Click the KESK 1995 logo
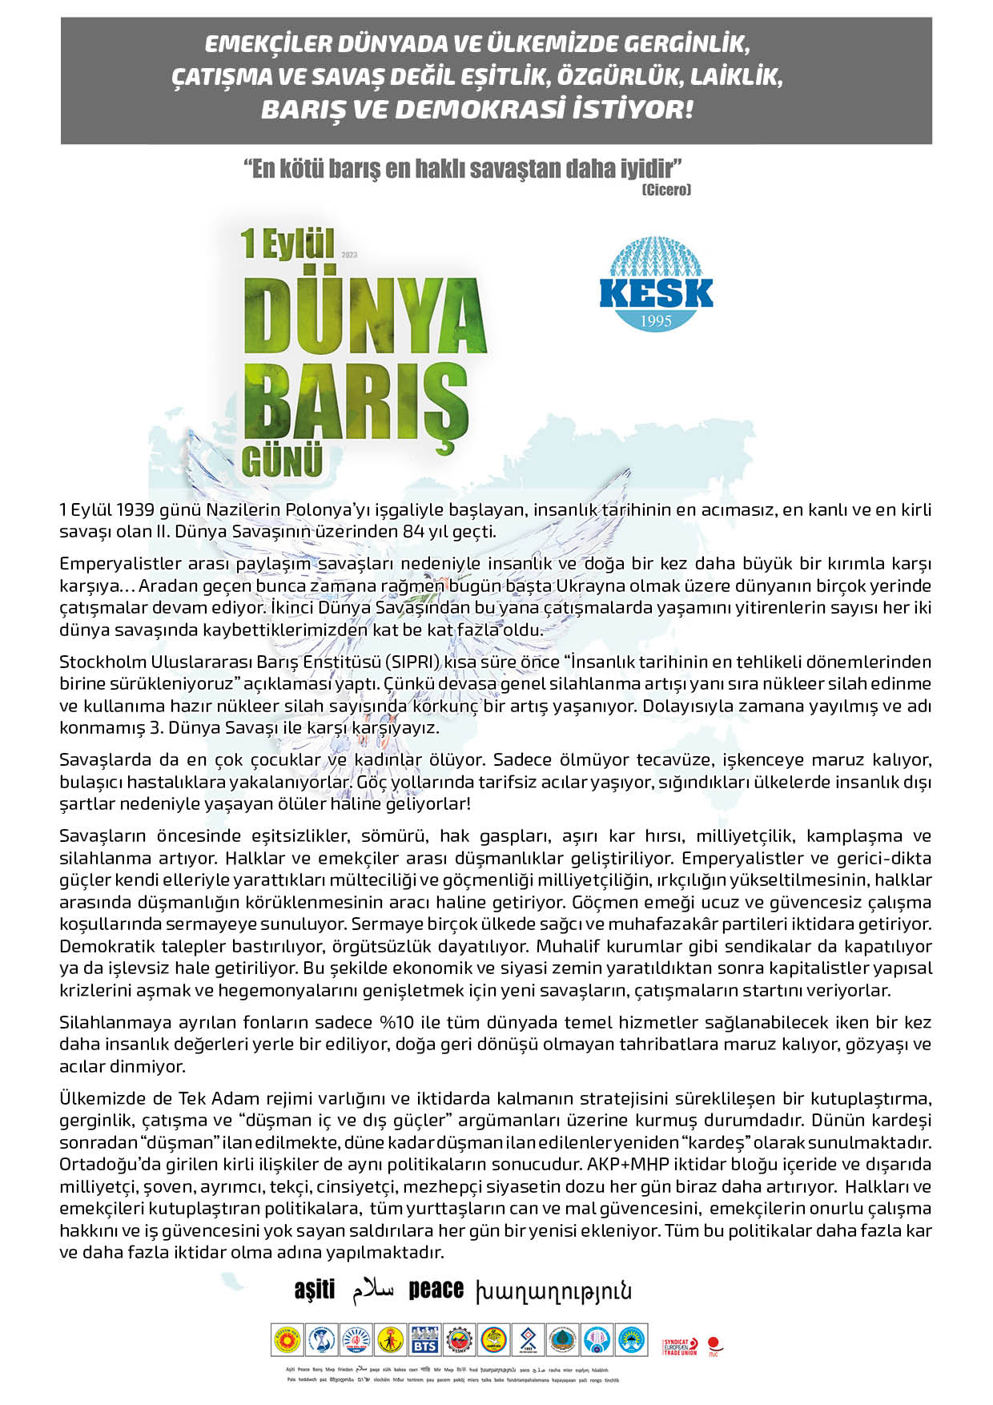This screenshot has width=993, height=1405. tap(656, 285)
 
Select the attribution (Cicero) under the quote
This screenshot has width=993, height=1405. tap(665, 190)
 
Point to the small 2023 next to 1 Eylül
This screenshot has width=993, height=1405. tap(349, 255)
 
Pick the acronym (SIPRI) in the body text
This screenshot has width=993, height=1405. tap(412, 662)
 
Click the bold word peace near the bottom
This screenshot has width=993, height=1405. tap(436, 1290)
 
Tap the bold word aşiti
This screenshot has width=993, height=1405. tap(315, 1290)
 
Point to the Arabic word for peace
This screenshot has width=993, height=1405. tap(373, 1290)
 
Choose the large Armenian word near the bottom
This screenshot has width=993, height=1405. tap(553, 1290)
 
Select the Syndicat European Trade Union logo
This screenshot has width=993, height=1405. tap(680, 1347)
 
